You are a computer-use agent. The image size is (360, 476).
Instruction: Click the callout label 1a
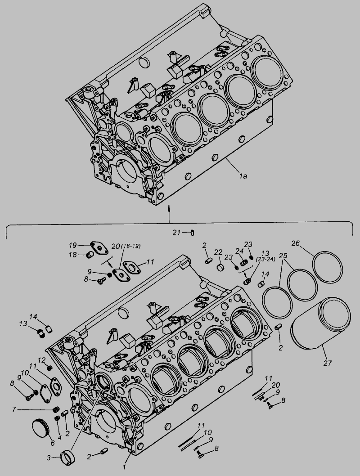click(x=243, y=175)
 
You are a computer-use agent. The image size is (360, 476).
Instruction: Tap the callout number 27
click(x=328, y=363)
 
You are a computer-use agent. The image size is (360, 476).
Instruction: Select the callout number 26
click(x=296, y=243)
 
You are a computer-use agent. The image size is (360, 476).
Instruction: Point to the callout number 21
click(x=176, y=233)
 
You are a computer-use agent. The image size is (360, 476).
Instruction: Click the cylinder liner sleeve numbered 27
click(x=320, y=323)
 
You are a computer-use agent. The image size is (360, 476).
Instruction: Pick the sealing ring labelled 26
click(x=328, y=267)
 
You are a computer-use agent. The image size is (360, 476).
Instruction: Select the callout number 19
click(x=72, y=245)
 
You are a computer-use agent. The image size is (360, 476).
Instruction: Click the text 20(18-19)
click(x=126, y=246)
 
